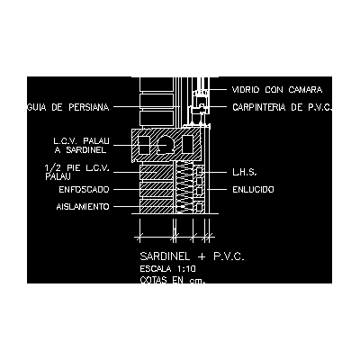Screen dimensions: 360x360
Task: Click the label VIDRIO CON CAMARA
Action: pyautogui.click(x=277, y=90)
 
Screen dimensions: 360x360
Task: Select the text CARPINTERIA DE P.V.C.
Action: pyautogui.click(x=283, y=107)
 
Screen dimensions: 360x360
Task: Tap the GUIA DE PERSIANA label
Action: pyautogui.click(x=67, y=107)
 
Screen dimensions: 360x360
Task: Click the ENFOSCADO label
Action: pyautogui.click(x=84, y=190)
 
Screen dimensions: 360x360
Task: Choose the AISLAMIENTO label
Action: pyautogui.click(x=83, y=207)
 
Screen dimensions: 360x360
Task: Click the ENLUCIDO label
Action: pyautogui.click(x=253, y=190)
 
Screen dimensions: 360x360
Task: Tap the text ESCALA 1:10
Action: pyautogui.click(x=167, y=268)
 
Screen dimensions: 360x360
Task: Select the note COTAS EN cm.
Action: pyautogui.click(x=173, y=280)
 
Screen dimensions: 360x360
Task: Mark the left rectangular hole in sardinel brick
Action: pyautogui.click(x=144, y=145)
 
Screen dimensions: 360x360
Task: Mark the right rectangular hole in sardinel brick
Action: pyautogui.click(x=187, y=145)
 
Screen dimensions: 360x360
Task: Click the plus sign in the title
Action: pyautogui.click(x=202, y=256)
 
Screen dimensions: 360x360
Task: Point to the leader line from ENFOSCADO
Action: pyautogui.click(x=127, y=190)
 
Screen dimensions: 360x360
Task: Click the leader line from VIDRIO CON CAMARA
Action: pyautogui.click(x=218, y=89)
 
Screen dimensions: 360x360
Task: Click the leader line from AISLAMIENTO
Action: pyautogui.click(x=127, y=207)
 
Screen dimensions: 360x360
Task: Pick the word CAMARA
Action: pyautogui.click(x=305, y=90)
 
